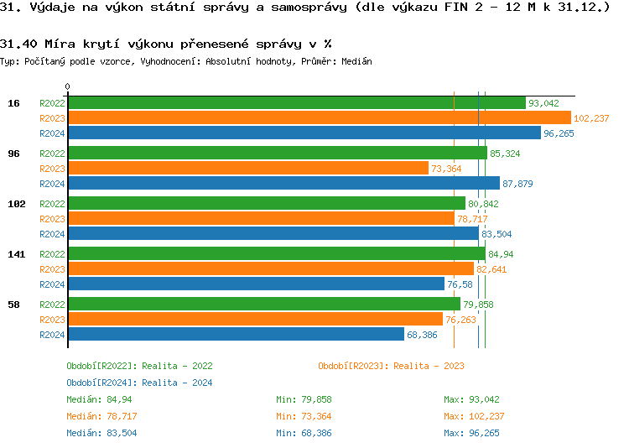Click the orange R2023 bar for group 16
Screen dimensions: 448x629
[x=319, y=118]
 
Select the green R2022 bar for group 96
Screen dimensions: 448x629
[x=277, y=154]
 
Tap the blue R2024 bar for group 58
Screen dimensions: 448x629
[x=236, y=335]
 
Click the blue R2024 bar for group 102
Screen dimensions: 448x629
[x=273, y=234]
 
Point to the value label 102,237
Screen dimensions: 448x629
[x=591, y=118]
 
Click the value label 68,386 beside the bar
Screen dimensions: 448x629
[x=423, y=335]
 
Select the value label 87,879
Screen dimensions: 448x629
[x=517, y=184]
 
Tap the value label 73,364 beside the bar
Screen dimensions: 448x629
[x=446, y=169]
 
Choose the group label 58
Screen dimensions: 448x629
[x=13, y=305]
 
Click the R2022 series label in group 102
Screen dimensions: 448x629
[x=52, y=204]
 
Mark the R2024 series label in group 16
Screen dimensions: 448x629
[x=52, y=133]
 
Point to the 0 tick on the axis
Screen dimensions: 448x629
[x=68, y=86]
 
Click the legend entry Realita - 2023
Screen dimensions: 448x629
[x=391, y=366]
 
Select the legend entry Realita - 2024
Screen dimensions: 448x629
[x=139, y=383]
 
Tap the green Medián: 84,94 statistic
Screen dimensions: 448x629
[x=101, y=399]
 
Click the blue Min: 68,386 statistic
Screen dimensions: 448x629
[x=304, y=433]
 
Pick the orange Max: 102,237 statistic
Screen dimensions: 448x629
[x=475, y=416]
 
